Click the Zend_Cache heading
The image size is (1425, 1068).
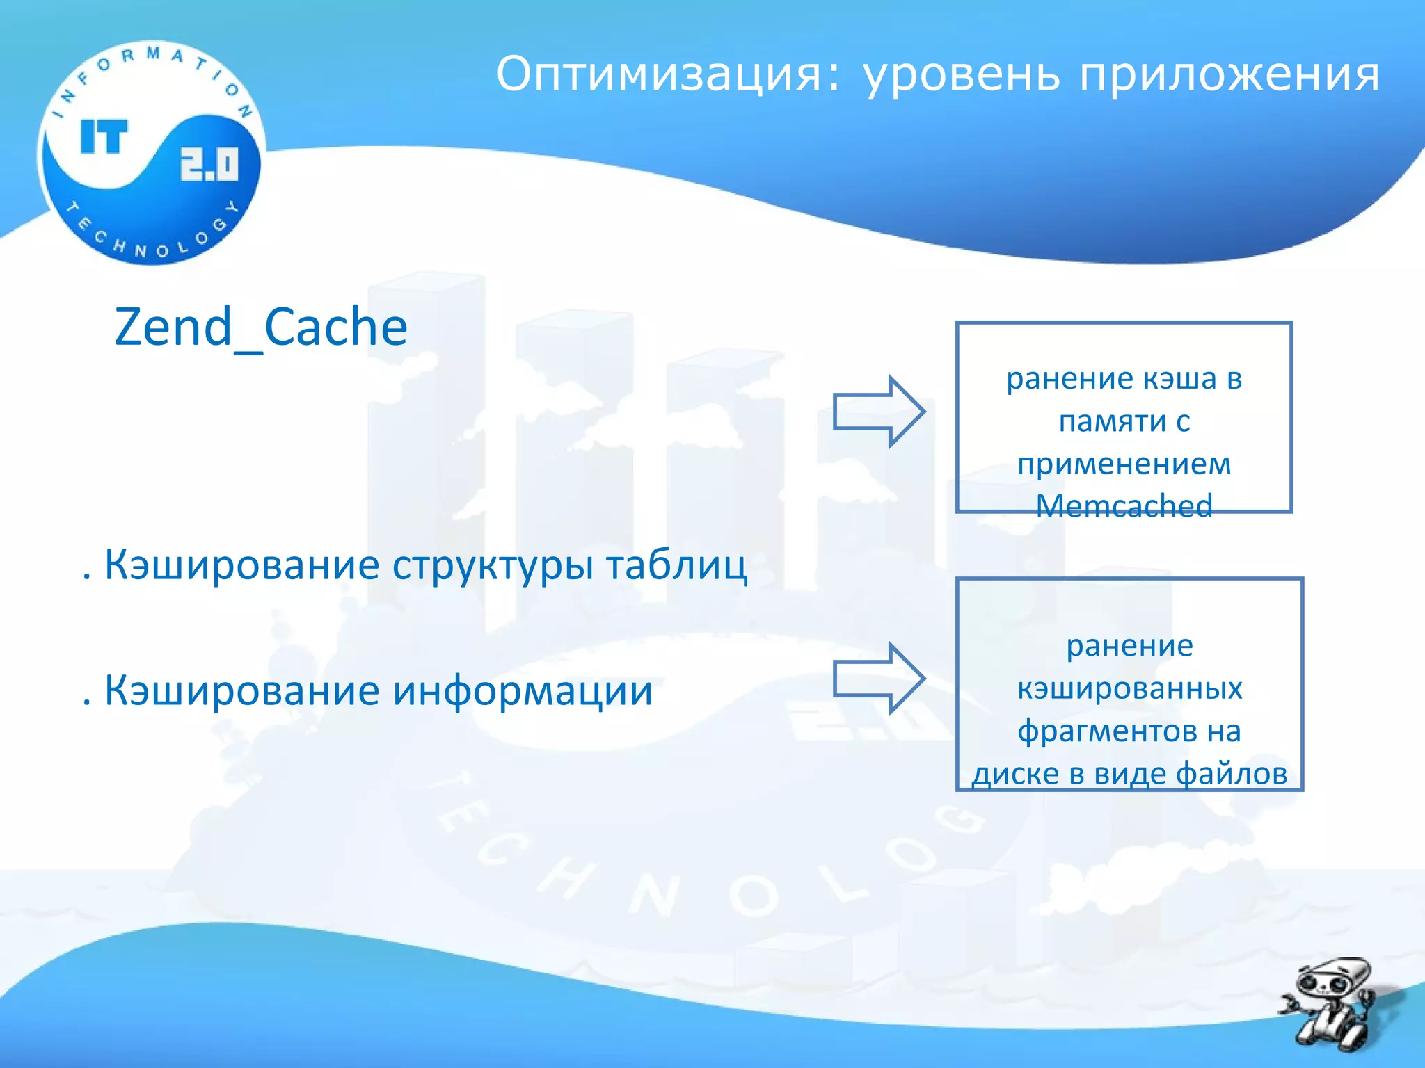pyautogui.click(x=261, y=327)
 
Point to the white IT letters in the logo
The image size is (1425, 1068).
pyautogui.click(x=104, y=136)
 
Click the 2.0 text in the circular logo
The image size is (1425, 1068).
pyautogui.click(x=209, y=164)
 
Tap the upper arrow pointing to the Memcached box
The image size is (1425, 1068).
pyautogui.click(x=879, y=412)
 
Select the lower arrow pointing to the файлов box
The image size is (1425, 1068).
pyautogui.click(x=879, y=679)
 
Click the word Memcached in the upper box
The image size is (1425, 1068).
pyautogui.click(x=1124, y=505)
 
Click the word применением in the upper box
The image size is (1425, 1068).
pyautogui.click(x=1124, y=464)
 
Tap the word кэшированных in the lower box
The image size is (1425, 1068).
pyautogui.click(x=1129, y=688)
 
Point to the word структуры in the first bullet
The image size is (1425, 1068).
pyautogui.click(x=493, y=565)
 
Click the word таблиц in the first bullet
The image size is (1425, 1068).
pyautogui.click(x=676, y=565)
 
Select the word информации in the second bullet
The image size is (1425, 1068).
pyautogui.click(x=522, y=691)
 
